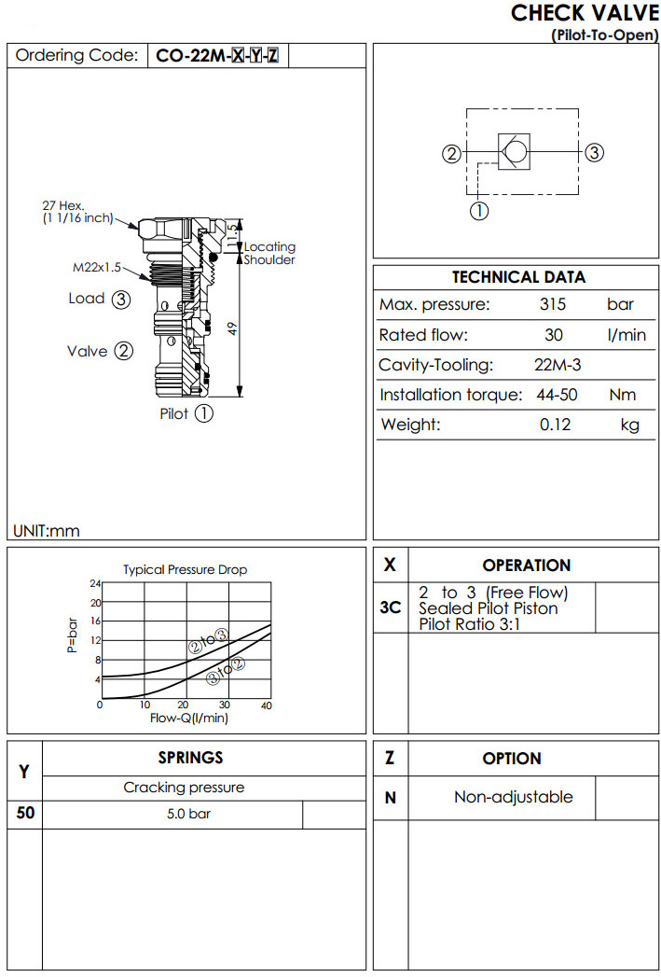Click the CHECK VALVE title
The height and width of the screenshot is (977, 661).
point(585,13)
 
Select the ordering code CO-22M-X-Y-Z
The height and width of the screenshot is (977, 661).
point(216,56)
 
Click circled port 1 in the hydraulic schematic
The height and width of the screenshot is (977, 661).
point(478,211)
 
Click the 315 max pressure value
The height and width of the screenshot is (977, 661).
point(553,305)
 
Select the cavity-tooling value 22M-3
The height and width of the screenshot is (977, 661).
point(558,365)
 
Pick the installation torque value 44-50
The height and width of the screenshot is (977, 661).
point(557,395)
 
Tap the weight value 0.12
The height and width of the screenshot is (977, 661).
point(555,425)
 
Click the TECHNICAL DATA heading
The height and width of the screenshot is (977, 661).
point(518,277)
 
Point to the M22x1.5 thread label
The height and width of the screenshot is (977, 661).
point(98,267)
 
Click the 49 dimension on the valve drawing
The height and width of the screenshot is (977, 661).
point(233,328)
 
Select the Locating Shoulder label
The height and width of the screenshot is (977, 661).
point(269,253)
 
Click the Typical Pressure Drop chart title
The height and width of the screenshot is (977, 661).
point(185,569)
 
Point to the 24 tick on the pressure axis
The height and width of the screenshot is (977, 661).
point(94,584)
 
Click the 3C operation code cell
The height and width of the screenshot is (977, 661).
point(391,607)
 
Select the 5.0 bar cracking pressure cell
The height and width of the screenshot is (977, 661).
point(188,814)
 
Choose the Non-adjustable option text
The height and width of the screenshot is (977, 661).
point(514,797)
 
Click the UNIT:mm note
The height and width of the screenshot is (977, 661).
point(47,531)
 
